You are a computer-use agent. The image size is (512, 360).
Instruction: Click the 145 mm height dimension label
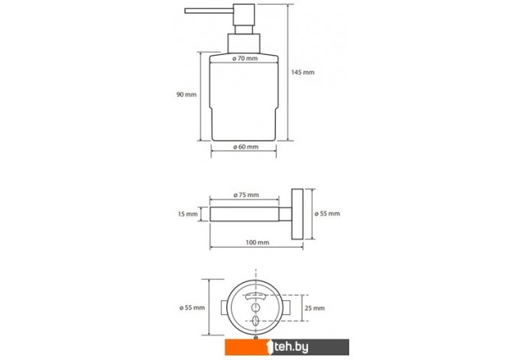tap(303, 72)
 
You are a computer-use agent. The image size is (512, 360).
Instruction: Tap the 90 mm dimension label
tap(186, 95)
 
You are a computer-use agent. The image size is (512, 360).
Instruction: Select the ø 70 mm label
tap(245, 59)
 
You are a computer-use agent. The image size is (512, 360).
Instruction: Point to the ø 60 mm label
tap(245, 147)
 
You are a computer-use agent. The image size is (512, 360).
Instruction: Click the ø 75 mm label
tap(246, 195)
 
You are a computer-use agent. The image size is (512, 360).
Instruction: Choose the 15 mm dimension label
tap(188, 214)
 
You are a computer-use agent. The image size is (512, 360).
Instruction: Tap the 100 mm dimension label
tap(258, 242)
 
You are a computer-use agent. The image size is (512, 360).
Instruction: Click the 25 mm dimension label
tap(314, 308)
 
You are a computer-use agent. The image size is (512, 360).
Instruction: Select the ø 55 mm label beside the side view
tap(327, 213)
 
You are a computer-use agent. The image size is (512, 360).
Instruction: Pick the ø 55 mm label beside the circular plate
tap(192, 307)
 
